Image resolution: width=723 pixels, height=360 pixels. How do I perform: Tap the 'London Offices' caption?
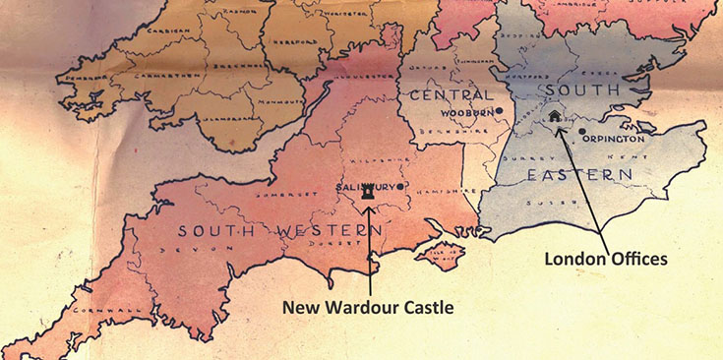(608, 259)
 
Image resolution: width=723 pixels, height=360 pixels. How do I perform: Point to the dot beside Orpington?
(582, 131)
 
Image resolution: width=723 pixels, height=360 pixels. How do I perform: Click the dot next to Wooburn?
(500, 110)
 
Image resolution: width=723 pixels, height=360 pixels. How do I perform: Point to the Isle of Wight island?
(439, 256)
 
